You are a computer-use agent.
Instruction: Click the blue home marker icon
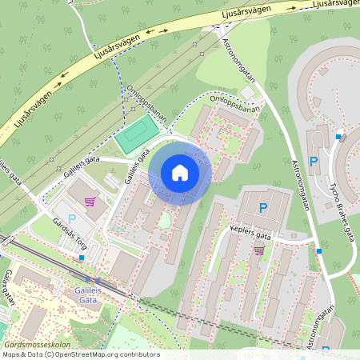click(180, 173)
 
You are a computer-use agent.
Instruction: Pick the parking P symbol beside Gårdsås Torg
click(71, 218)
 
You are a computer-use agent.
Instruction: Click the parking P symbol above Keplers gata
click(263, 208)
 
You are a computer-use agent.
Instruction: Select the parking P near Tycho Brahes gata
click(314, 161)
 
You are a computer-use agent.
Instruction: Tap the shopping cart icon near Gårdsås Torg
click(90, 201)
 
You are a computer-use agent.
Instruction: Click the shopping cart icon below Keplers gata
click(258, 250)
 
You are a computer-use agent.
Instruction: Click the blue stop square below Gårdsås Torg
click(82, 258)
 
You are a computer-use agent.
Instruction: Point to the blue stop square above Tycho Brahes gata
click(338, 137)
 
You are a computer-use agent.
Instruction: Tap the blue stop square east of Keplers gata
click(319, 251)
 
